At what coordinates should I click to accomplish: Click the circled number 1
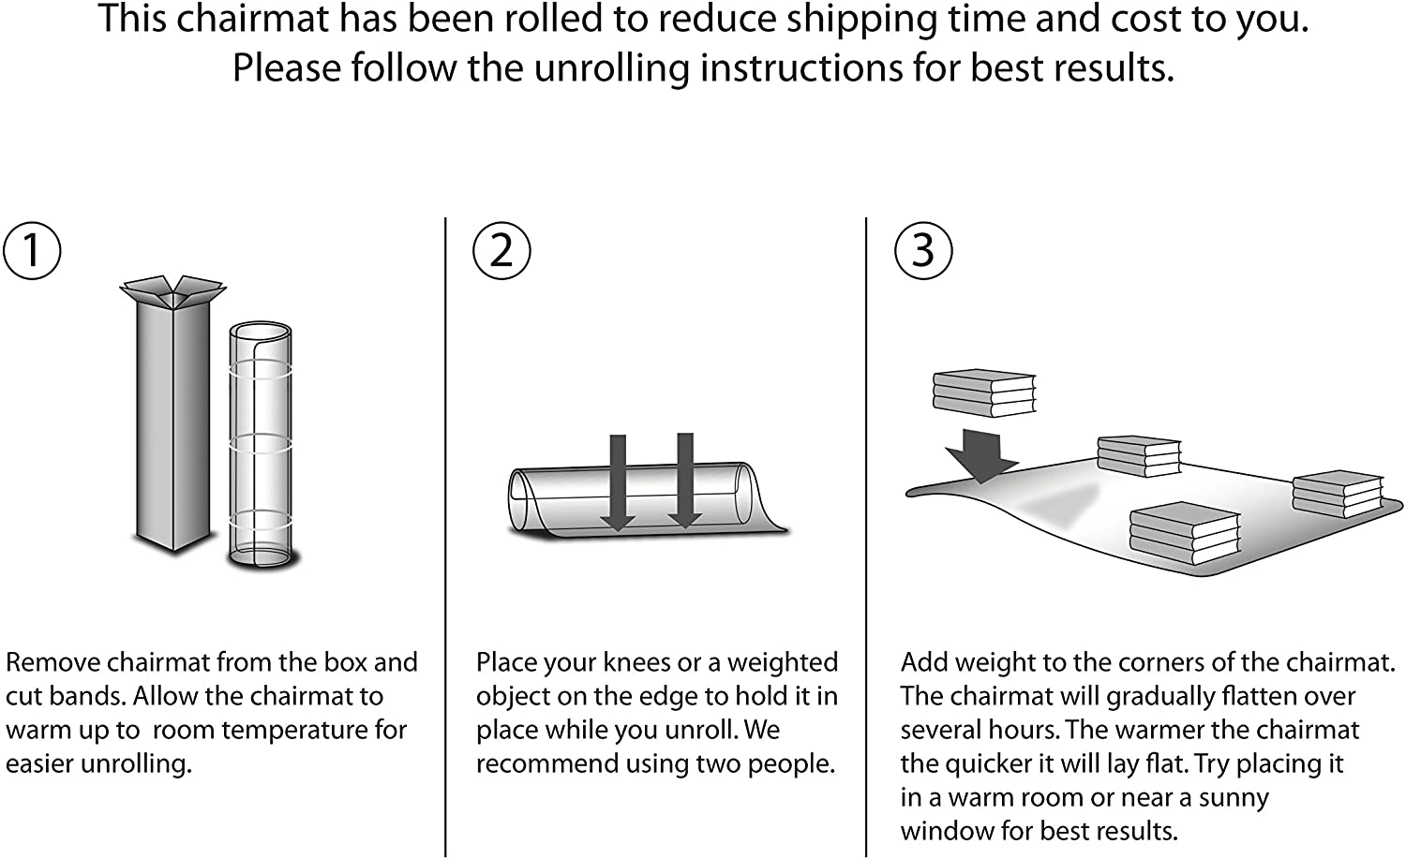tap(32, 250)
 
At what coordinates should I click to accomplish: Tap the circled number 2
tap(501, 250)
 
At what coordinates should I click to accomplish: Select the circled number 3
tap(923, 250)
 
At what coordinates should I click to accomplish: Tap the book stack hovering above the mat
tap(984, 392)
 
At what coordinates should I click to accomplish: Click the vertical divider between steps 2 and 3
tap(866, 534)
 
